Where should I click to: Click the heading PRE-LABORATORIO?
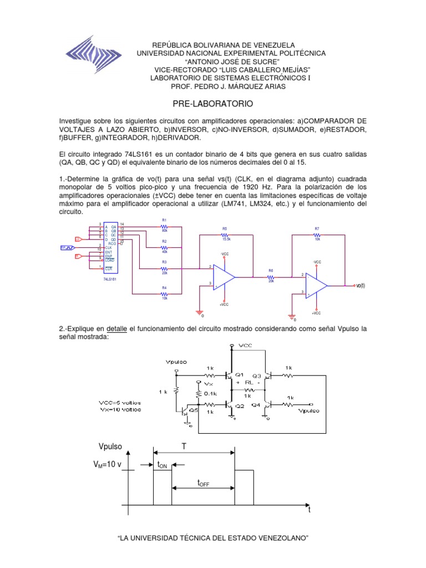(212, 104)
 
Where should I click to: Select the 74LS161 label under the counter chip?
(109, 279)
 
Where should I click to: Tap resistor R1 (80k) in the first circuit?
(164, 226)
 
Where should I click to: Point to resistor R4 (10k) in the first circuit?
(164, 292)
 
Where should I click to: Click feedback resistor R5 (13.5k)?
(225, 234)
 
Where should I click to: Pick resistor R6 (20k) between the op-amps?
(271, 276)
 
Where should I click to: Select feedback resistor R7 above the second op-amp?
(317, 234)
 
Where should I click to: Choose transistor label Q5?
(194, 410)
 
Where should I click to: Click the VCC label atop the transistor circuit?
(245, 346)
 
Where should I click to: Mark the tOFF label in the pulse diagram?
(203, 484)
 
